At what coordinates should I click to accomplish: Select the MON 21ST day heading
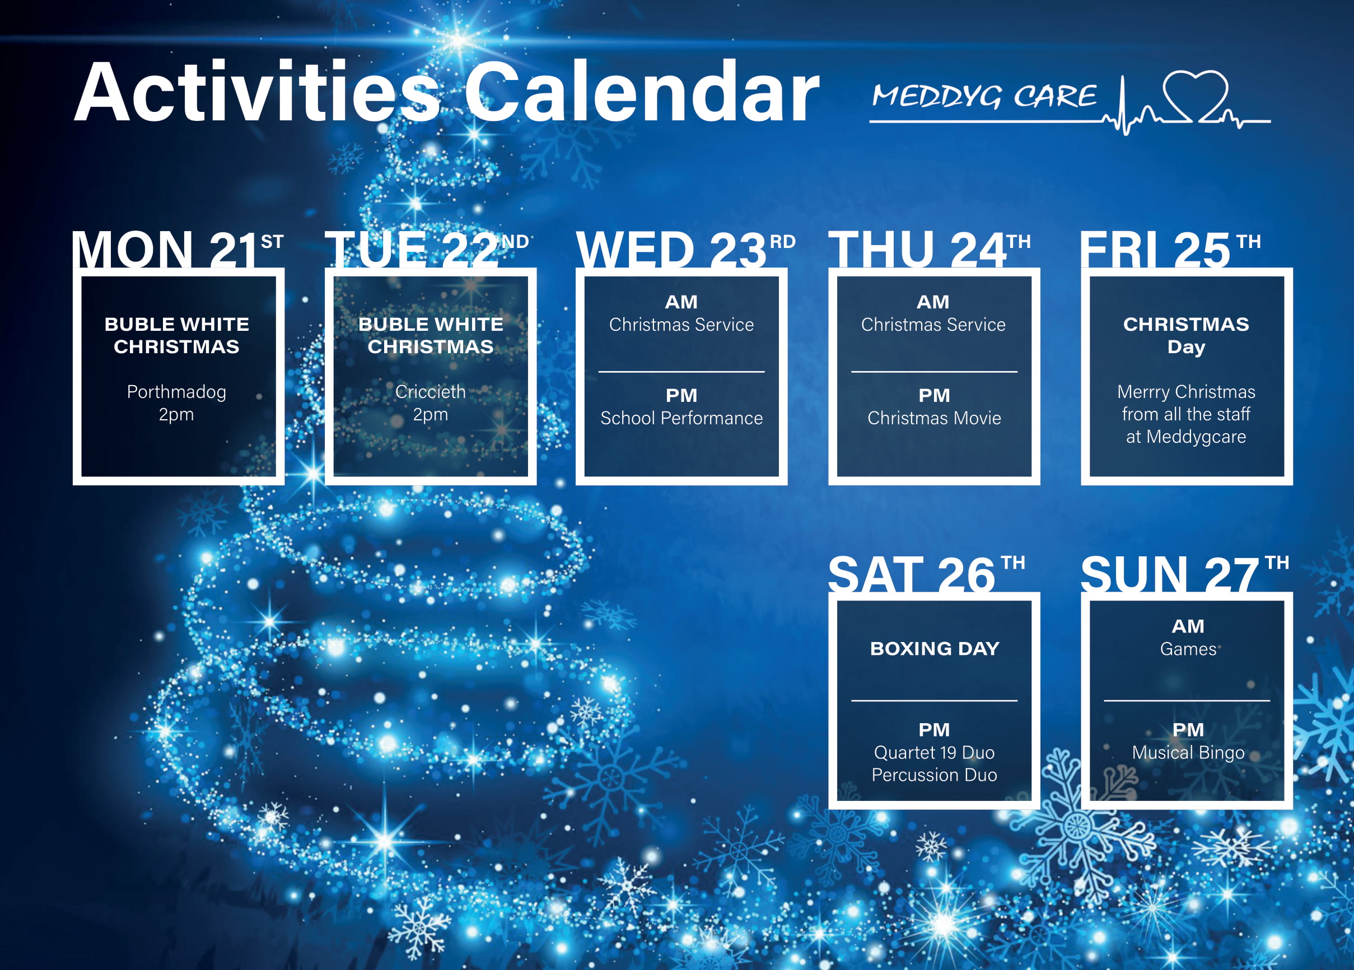pyautogui.click(x=178, y=249)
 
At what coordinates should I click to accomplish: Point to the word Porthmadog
pyautogui.click(x=176, y=392)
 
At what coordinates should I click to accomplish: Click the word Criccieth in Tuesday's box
pyautogui.click(x=430, y=392)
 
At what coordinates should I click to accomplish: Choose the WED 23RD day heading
pyautogui.click(x=685, y=249)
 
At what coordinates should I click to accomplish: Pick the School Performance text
pyautogui.click(x=681, y=418)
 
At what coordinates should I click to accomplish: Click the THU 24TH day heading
pyautogui.click(x=930, y=249)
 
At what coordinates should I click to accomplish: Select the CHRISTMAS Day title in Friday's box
pyautogui.click(x=1185, y=335)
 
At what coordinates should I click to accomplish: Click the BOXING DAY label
pyautogui.click(x=935, y=648)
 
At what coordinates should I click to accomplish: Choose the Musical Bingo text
pyautogui.click(x=1188, y=753)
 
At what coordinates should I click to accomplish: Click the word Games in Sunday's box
pyautogui.click(x=1188, y=649)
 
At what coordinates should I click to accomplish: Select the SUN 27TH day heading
pyautogui.click(x=1184, y=574)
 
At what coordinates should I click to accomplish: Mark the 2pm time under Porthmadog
pyautogui.click(x=176, y=415)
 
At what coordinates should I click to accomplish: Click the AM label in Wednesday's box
pyautogui.click(x=681, y=302)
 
